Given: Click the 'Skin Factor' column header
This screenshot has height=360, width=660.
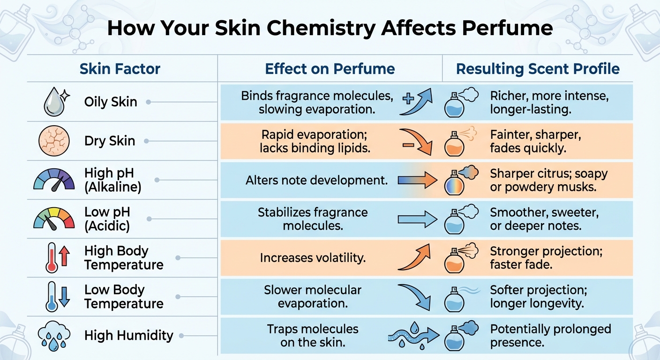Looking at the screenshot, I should tap(120, 69).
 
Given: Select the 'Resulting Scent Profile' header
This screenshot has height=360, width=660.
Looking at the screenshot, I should tap(538, 69).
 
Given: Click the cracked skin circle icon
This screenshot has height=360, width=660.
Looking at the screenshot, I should tap(54, 141).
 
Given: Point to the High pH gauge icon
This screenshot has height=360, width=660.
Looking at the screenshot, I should tap(54, 180).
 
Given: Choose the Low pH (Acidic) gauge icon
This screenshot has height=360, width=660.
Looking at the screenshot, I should tap(54, 219).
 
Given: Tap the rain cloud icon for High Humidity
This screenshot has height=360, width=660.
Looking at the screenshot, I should tap(54, 336).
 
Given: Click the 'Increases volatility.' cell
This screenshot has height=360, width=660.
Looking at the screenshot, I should tap(313, 257).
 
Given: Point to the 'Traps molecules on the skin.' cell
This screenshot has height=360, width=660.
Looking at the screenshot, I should tap(313, 336).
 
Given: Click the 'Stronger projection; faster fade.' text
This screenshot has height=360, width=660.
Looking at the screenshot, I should tap(546, 258).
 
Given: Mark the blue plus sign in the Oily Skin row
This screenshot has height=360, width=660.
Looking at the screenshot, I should tap(408, 98).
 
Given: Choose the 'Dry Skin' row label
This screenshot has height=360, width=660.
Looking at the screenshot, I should tap(110, 141).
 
